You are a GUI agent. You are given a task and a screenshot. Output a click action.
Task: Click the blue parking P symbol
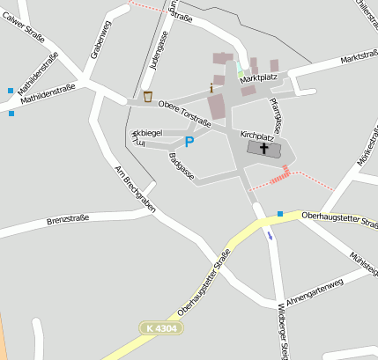point(189,142)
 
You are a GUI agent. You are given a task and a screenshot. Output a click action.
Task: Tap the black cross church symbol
point(264,149)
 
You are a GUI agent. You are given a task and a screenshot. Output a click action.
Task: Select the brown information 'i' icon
point(211,88)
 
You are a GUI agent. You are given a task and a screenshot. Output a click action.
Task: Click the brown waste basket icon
point(147,96)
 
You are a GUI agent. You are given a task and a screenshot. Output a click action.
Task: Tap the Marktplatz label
point(258,79)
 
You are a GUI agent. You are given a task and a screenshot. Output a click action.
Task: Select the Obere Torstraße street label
point(184,112)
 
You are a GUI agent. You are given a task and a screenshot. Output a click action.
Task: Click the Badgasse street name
point(181,165)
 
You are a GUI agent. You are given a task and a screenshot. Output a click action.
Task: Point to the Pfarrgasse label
point(276,114)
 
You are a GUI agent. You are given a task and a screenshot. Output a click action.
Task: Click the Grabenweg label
point(100,40)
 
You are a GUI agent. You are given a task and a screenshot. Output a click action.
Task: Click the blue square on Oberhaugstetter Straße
point(279,214)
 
